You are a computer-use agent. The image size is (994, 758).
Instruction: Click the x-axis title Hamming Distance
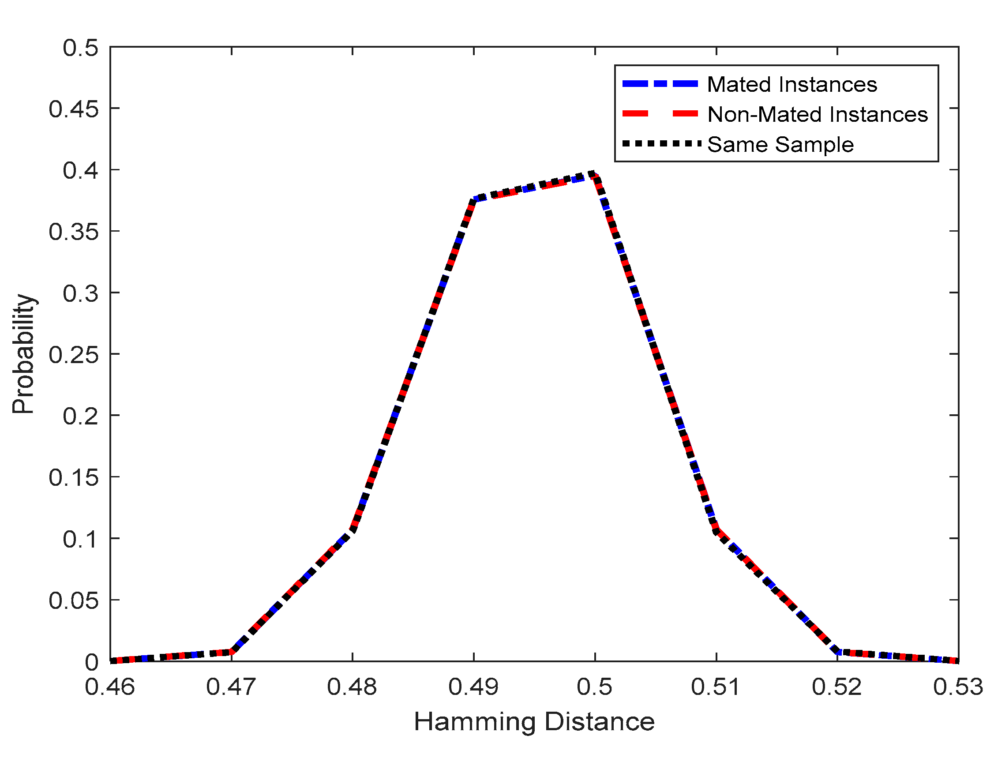coord(534,721)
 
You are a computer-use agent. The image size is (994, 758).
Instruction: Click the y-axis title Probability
coord(23,354)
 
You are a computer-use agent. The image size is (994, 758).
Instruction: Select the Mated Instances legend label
coord(792,84)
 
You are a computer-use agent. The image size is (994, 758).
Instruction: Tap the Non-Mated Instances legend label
coord(818,114)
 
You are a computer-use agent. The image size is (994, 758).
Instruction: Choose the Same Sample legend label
coord(780,144)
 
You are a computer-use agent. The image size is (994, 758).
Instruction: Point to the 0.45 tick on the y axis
coord(74,109)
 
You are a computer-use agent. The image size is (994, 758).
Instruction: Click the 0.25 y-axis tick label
coord(74,355)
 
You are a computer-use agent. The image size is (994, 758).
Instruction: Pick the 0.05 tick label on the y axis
coord(74,600)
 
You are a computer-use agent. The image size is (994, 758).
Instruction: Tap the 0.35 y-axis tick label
coord(74,232)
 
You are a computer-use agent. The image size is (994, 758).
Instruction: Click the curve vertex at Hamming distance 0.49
coord(474,199)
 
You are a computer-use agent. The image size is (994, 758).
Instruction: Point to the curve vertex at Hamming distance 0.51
coord(716,531)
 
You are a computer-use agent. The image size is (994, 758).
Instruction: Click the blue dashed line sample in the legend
coord(660,84)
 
